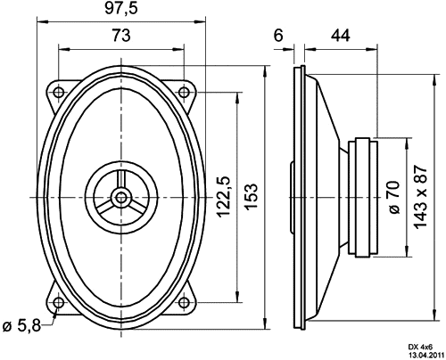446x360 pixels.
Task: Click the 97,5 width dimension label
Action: click(121, 9)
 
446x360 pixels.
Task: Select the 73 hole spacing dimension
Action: click(121, 36)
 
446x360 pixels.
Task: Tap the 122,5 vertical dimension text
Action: click(224, 197)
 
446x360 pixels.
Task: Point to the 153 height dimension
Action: click(251, 197)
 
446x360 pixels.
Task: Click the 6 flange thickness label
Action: click(278, 36)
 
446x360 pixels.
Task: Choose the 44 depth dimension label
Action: click(341, 36)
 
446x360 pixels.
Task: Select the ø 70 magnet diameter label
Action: click(394, 197)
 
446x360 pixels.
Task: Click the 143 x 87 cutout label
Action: click(421, 197)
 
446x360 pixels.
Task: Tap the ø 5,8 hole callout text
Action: click(21, 326)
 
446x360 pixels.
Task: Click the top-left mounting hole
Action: click(59, 92)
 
